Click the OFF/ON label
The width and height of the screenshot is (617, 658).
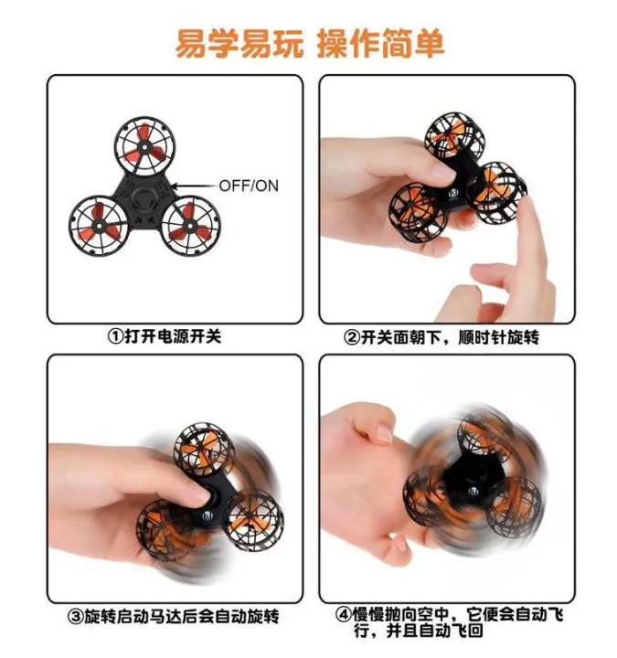click(x=249, y=186)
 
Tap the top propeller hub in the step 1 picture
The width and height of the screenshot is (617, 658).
click(x=144, y=146)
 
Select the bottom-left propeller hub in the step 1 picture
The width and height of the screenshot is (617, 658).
click(x=99, y=226)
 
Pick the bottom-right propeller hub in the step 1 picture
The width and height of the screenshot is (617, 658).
click(x=190, y=226)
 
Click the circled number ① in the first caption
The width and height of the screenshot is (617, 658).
click(x=116, y=336)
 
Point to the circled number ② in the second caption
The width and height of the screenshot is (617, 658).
click(x=351, y=337)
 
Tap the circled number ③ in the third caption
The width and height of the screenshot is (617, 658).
click(x=76, y=617)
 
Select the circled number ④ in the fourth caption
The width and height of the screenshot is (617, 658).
click(x=343, y=614)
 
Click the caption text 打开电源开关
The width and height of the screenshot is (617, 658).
click(x=173, y=336)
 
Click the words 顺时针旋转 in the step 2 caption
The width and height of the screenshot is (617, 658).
click(x=498, y=337)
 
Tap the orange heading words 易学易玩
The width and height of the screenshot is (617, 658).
click(x=239, y=44)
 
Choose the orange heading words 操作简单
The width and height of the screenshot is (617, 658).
click(x=380, y=44)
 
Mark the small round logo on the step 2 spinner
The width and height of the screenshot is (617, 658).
click(x=454, y=194)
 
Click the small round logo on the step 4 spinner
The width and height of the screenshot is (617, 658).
click(x=474, y=491)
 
